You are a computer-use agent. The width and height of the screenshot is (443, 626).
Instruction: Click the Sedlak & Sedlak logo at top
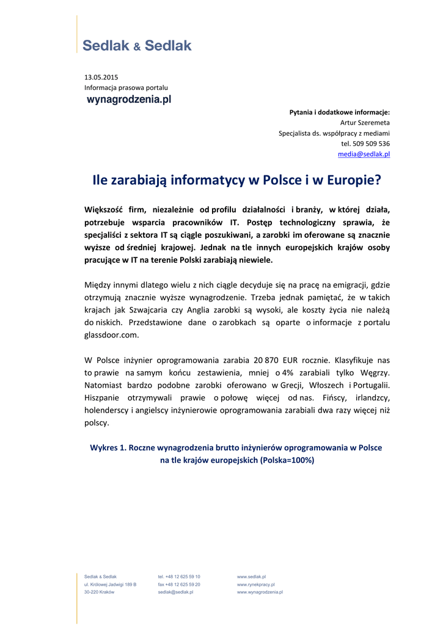click(137, 45)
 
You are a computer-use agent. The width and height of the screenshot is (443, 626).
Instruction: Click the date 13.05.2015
click(101, 77)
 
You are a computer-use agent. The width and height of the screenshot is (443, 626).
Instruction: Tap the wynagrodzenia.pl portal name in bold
click(129, 99)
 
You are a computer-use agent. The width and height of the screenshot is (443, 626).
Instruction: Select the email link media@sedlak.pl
click(364, 154)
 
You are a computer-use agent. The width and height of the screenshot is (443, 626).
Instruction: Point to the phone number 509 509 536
click(372, 144)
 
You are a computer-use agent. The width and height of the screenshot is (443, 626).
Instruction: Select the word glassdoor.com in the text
click(111, 335)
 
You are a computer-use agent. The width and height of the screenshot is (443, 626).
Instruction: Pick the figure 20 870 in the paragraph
click(279, 360)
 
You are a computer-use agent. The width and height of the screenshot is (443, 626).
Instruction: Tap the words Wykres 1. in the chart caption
click(108, 447)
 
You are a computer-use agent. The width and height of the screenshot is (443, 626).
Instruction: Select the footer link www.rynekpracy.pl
click(255, 584)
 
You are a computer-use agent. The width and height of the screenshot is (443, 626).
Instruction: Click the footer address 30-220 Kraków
click(99, 592)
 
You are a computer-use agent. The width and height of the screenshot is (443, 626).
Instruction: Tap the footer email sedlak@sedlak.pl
click(175, 592)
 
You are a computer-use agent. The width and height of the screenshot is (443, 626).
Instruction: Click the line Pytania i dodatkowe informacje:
click(339, 112)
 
